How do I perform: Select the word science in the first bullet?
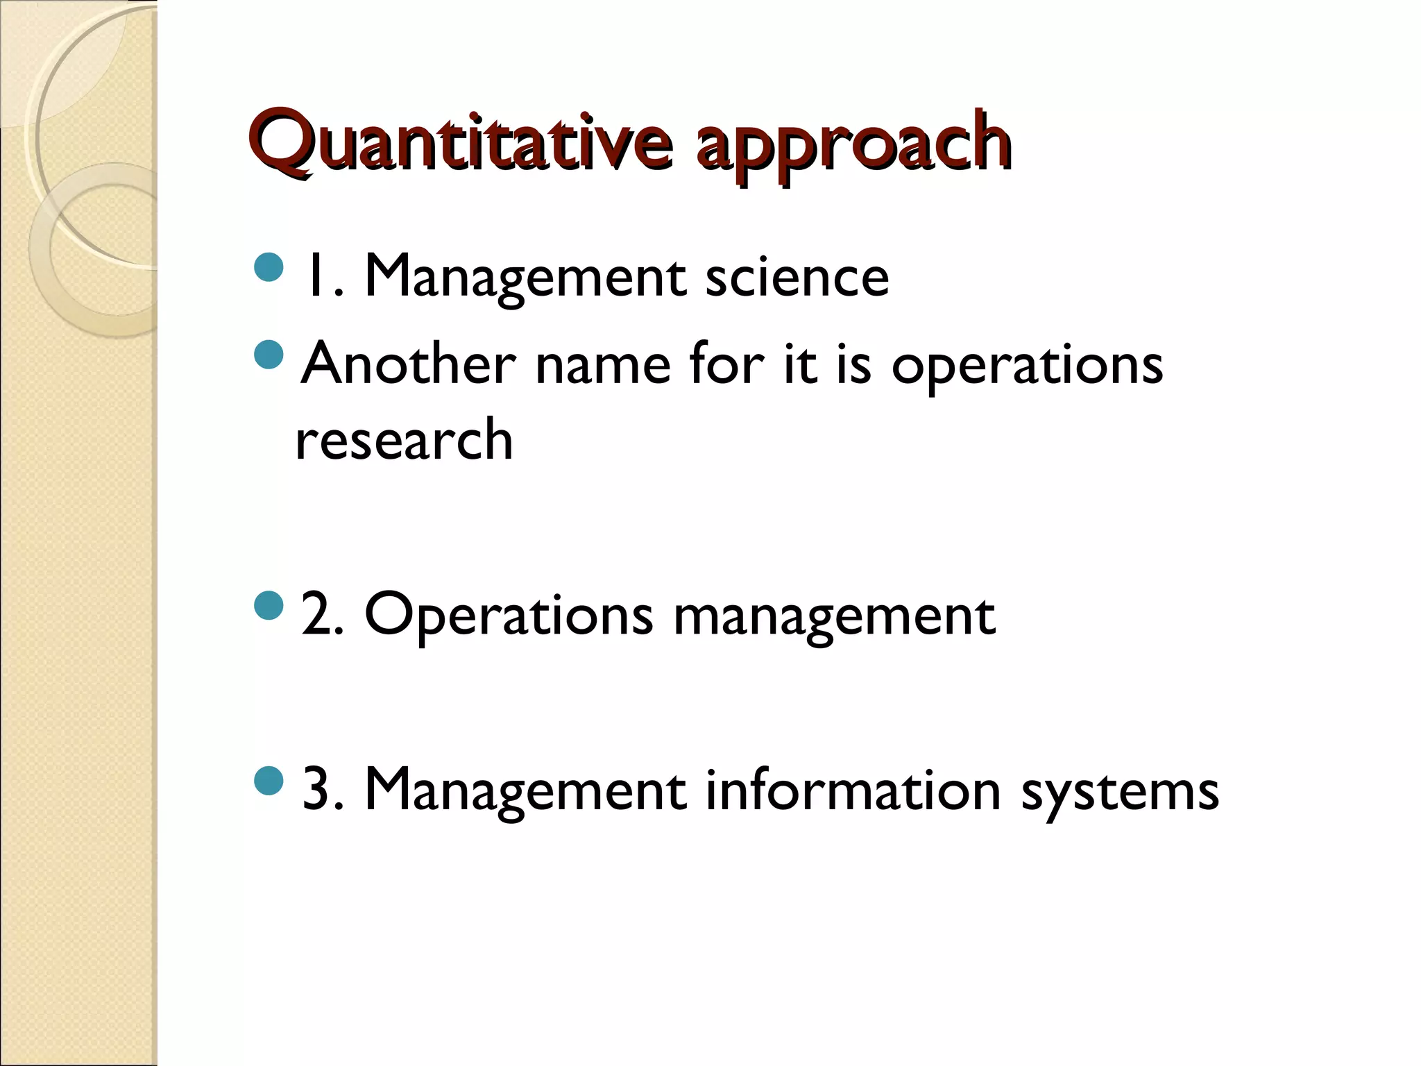point(797,278)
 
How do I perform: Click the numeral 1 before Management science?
point(315,276)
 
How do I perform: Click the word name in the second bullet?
point(603,365)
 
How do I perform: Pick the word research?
point(404,440)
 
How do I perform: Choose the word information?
point(853,790)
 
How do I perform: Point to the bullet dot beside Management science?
point(269,268)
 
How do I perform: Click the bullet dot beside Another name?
point(269,355)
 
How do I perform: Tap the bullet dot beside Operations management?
point(269,605)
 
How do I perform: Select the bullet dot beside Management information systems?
point(269,780)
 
